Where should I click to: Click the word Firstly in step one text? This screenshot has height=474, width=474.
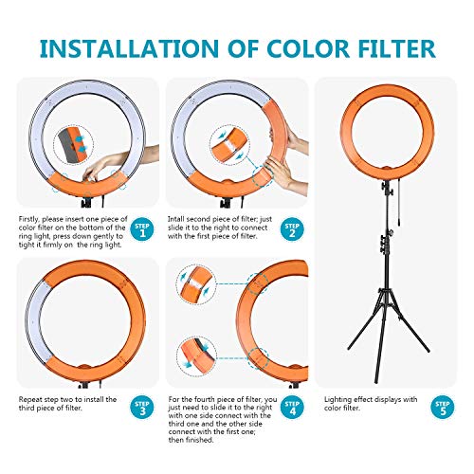coord(31,219)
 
